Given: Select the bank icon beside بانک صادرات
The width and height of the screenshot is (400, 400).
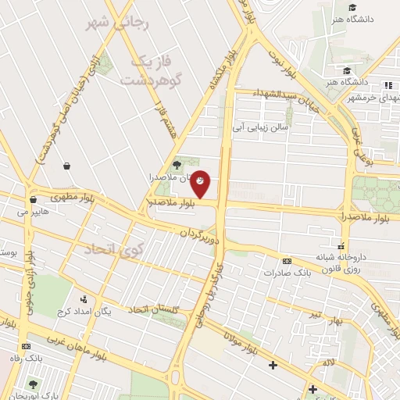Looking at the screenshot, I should point(287,261).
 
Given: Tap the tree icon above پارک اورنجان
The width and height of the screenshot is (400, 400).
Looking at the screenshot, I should point(33,384).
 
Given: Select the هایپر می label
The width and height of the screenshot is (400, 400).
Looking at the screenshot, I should point(33,212).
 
